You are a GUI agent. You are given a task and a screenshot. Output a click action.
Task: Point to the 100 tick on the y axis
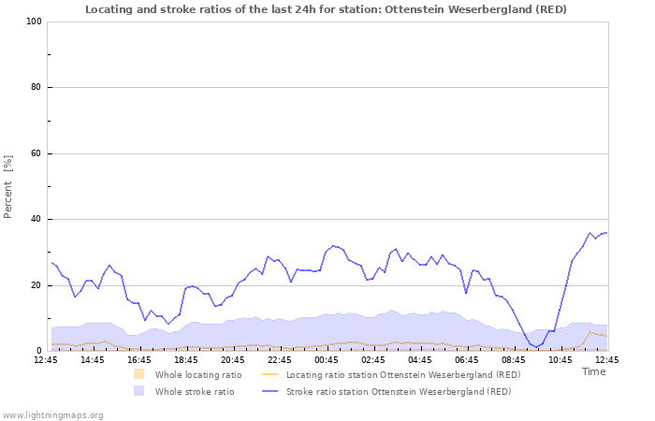34,22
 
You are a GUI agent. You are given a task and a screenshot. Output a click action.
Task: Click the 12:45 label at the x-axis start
46,359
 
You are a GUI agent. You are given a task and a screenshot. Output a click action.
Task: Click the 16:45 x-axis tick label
139,359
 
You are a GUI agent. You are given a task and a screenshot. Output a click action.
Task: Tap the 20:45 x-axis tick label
233,359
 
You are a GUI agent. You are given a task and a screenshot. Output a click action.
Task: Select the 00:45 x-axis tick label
327,359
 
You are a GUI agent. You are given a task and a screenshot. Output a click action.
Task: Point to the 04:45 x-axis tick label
420,359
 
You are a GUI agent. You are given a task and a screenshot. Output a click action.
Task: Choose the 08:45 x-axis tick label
514,359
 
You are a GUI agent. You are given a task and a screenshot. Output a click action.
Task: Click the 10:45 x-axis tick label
560,359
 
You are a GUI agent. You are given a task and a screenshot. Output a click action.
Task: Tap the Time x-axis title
593,371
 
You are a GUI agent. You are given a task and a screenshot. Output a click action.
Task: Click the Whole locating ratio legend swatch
139,374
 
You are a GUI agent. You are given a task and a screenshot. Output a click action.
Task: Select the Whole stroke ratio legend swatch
139,391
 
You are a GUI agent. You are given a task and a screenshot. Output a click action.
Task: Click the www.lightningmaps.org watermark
53,414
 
